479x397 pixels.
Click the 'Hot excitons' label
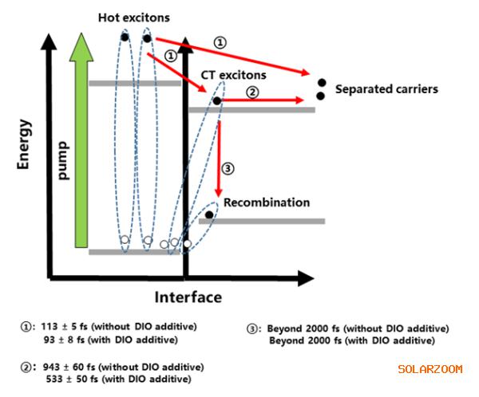pyautogui.click(x=134, y=18)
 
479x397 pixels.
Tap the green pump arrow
pyautogui.click(x=81, y=140)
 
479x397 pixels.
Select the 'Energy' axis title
pyautogui.click(x=23, y=144)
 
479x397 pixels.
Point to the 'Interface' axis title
pyautogui.click(x=188, y=297)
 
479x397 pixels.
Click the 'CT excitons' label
pyautogui.click(x=233, y=75)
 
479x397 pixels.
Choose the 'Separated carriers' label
pyautogui.click(x=386, y=89)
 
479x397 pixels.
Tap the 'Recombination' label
pyautogui.click(x=267, y=202)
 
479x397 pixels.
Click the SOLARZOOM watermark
pyautogui.click(x=430, y=369)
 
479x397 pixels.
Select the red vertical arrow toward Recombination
pyautogui.click(x=219, y=159)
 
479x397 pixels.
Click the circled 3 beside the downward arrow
pyautogui.click(x=228, y=168)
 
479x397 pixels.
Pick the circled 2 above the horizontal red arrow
pyautogui.click(x=252, y=92)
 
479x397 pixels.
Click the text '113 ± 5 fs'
pyautogui.click(x=64, y=327)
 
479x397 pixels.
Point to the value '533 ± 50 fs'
pyautogui.click(x=72, y=379)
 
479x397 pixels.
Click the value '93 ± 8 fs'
pyautogui.click(x=64, y=340)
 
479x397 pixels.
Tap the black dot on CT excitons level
pyautogui.click(x=217, y=100)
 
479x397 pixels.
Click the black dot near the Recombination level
pyautogui.click(x=209, y=214)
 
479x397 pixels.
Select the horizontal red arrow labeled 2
pyautogui.click(x=263, y=100)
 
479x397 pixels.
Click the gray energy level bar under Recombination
pyautogui.click(x=262, y=222)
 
